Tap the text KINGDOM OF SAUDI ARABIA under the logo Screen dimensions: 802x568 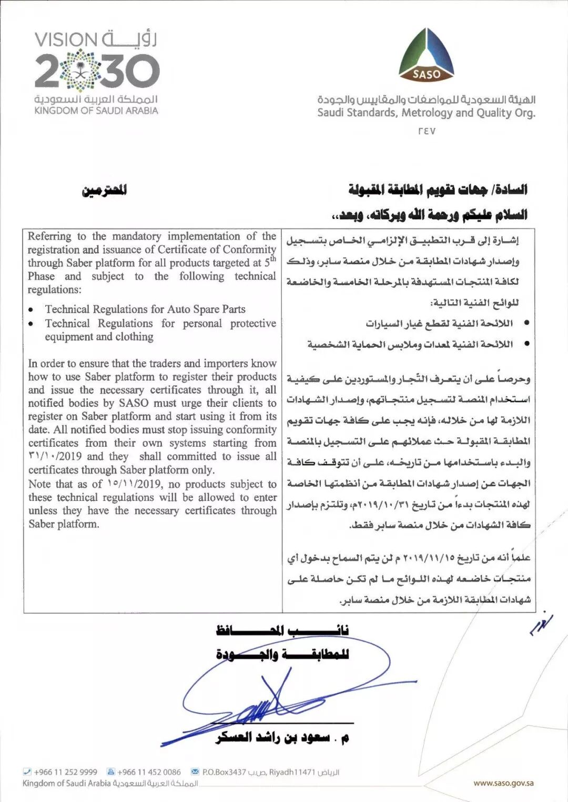[96, 111]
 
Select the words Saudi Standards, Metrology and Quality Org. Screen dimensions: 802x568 [426, 113]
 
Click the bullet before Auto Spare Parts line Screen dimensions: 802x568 [33, 310]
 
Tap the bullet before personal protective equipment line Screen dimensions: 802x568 [33, 324]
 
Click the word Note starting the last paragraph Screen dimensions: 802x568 [40, 484]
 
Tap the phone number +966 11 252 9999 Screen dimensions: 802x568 [65, 772]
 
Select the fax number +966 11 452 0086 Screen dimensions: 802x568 [149, 772]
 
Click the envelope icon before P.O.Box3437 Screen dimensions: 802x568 [194, 772]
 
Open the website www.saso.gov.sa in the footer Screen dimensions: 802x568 [503, 783]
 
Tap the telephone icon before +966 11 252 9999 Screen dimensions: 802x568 [27, 772]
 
